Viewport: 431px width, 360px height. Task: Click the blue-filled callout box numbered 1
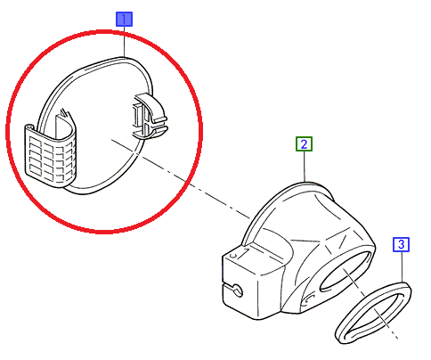pos(124,20)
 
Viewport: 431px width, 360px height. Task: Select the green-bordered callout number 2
pos(304,144)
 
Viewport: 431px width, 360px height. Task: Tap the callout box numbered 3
pos(401,244)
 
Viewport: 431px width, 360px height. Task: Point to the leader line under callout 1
pos(125,42)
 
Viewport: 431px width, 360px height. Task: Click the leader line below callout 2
pos(305,167)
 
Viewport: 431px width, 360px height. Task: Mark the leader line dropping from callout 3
pos(402,266)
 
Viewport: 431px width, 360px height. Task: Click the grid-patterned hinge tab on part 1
pos(50,155)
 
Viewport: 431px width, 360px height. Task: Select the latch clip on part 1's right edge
pos(150,116)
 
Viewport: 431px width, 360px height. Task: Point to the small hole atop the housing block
pos(233,255)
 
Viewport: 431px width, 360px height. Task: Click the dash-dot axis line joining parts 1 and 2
pos(181,178)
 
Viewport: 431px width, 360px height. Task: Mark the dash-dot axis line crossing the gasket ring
pos(370,303)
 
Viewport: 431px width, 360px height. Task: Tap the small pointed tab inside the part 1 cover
pos(63,113)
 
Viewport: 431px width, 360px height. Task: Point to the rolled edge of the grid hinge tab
pos(29,127)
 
